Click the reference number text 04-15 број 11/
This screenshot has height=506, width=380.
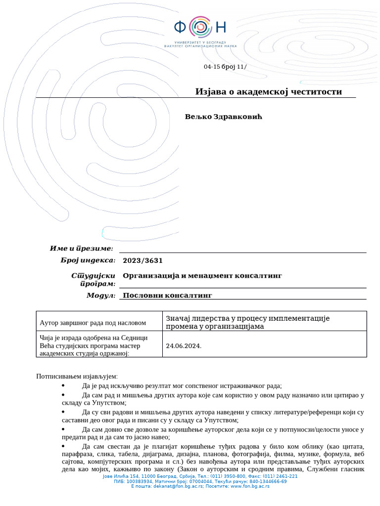225,67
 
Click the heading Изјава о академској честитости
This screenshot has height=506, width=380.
268,92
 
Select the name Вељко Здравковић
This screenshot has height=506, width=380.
222,117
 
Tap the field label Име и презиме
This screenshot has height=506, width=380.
82,248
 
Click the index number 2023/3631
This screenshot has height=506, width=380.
142,260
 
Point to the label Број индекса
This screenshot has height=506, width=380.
88,260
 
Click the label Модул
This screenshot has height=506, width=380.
101,295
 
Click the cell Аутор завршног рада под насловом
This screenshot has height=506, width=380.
93,323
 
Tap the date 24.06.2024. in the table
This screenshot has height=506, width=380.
184,346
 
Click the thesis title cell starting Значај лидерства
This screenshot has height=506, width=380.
247,322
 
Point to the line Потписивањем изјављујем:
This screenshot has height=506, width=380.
77,377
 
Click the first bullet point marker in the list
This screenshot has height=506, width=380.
63,385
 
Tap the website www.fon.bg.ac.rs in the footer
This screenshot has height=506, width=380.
249,486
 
